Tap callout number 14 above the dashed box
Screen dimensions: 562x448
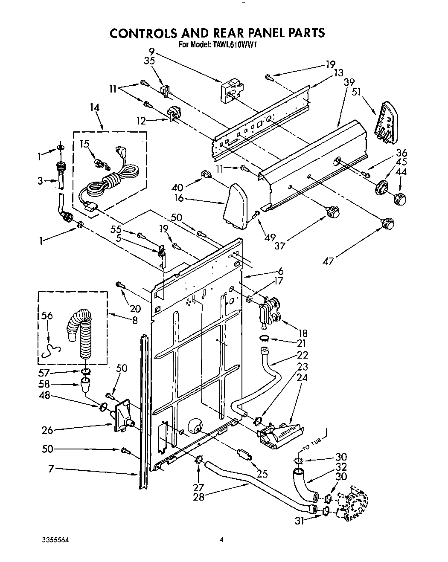[x=94, y=108]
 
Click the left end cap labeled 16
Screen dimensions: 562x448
[x=236, y=204]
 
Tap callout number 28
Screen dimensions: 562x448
[x=199, y=497]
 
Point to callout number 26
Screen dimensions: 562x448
[x=47, y=430]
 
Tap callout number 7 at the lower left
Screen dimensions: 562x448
[x=51, y=469]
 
